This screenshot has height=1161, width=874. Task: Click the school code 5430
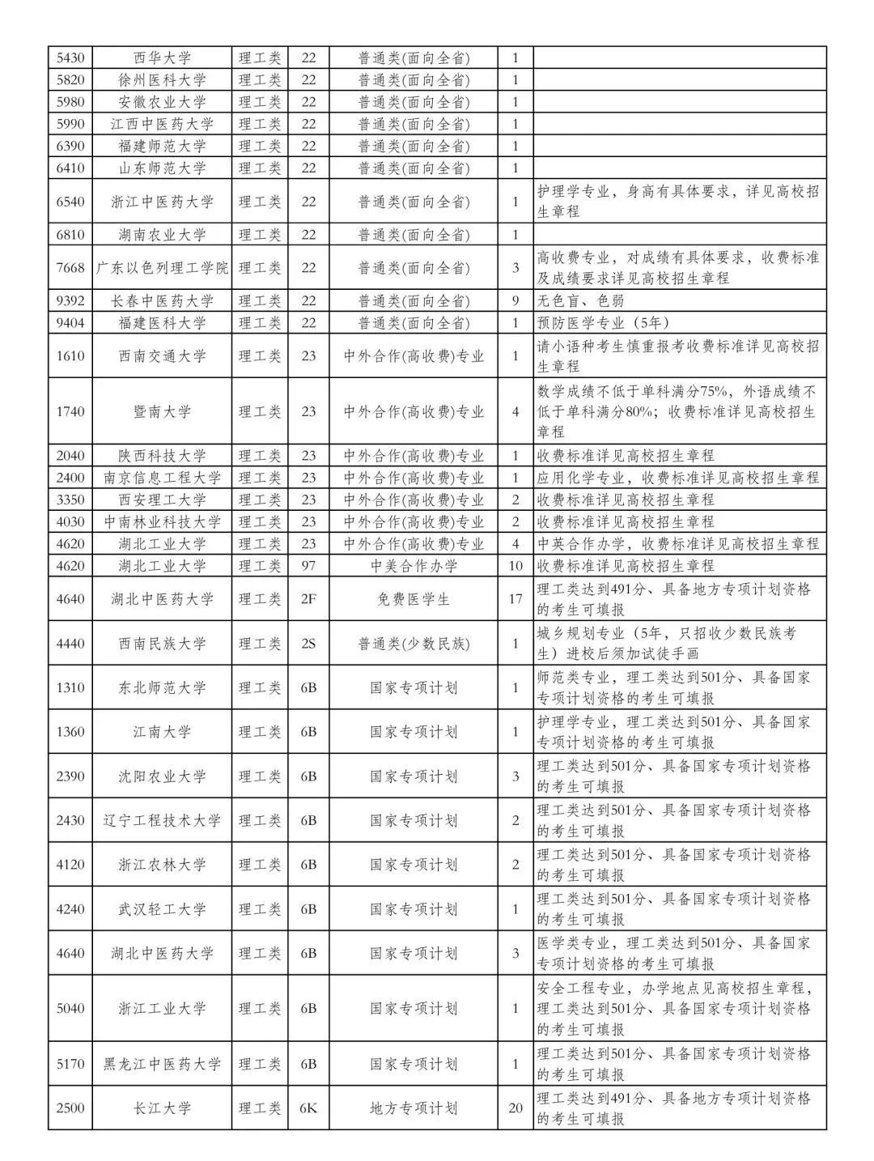(70, 58)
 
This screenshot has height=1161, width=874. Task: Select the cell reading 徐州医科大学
(162, 80)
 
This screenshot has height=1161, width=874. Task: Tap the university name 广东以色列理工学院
(162, 268)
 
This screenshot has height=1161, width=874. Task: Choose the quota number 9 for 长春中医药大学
(515, 301)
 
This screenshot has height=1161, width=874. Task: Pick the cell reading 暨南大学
(162, 411)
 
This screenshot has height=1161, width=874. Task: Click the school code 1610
(70, 356)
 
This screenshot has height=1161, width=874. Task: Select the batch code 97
(308, 566)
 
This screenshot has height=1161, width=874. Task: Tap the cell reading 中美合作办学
(414, 566)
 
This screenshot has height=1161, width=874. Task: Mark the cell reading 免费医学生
(414, 600)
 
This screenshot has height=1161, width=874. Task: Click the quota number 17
(515, 600)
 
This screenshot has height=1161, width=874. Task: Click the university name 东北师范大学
(162, 688)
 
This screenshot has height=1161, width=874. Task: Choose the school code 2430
(70, 821)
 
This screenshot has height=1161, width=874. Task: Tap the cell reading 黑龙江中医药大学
(162, 1065)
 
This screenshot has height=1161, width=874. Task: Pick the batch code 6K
(308, 1108)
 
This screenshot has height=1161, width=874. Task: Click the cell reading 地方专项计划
(414, 1108)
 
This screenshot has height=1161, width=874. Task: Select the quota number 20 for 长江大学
(515, 1108)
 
